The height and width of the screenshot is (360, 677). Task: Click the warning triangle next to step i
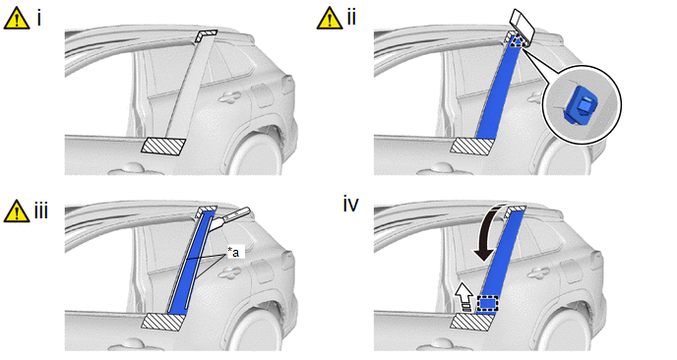click(x=17, y=19)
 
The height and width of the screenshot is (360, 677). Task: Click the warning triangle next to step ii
click(x=330, y=19)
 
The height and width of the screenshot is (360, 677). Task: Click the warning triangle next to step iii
click(x=17, y=211)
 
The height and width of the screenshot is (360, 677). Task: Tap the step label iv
click(x=350, y=205)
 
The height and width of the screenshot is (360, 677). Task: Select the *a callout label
click(x=232, y=253)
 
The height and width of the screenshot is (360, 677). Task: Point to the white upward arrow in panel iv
click(x=465, y=296)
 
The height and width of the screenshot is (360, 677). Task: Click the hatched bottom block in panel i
click(x=163, y=147)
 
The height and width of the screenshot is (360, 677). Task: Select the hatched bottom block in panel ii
click(x=472, y=147)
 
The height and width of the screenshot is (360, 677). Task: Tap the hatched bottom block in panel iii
click(x=163, y=322)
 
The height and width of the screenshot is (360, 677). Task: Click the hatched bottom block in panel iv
click(x=472, y=322)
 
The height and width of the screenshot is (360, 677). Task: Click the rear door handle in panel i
click(x=229, y=97)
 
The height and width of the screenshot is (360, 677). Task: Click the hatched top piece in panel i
click(x=207, y=35)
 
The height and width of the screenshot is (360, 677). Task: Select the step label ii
click(x=351, y=18)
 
